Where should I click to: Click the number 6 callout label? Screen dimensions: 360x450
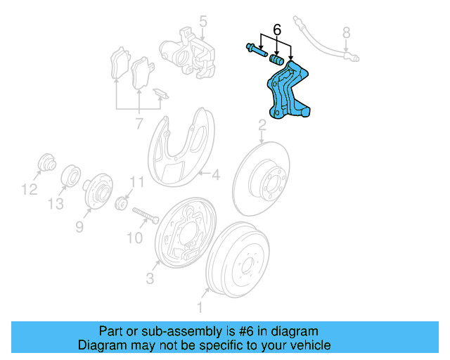(276, 30)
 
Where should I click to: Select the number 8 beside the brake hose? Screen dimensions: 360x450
(345, 32)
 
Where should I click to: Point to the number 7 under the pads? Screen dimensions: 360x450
(139, 124)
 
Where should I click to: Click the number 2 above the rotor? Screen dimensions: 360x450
(262, 126)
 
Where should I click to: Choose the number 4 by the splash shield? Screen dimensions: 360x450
(216, 174)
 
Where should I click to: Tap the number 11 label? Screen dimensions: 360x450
(136, 182)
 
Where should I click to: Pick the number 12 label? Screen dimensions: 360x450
(28, 188)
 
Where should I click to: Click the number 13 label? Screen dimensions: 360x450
(56, 203)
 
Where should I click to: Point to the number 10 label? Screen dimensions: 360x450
(134, 238)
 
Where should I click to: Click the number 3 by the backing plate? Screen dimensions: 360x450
(150, 279)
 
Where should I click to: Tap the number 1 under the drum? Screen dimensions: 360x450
(200, 307)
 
